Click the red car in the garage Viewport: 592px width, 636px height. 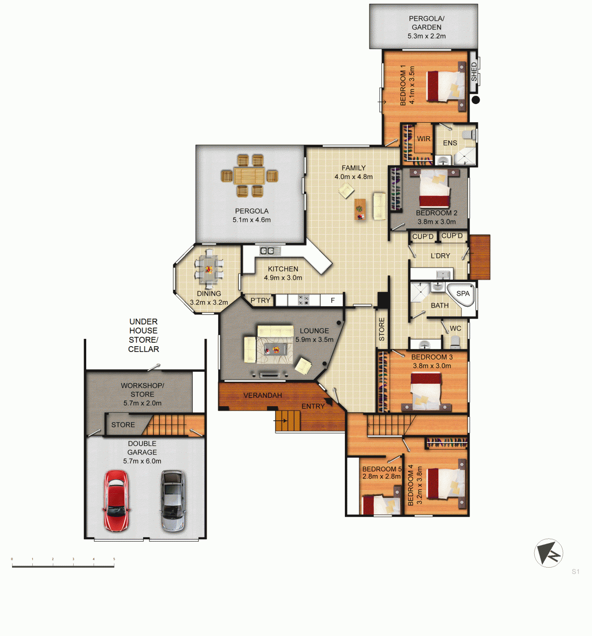[x=117, y=501]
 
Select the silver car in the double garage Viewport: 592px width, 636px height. [x=173, y=501]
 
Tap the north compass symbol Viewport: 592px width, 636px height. [x=549, y=553]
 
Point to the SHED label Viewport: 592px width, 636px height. [x=474, y=72]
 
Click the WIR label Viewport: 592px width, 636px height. [x=423, y=139]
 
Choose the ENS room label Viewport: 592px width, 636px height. [x=450, y=143]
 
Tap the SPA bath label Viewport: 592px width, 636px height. [x=463, y=293]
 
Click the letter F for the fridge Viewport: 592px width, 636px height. [x=333, y=300]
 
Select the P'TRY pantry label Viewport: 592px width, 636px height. [x=260, y=300]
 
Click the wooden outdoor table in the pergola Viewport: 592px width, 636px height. [x=250, y=176]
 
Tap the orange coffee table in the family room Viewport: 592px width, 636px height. [x=360, y=209]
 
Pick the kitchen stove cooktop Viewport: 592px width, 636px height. [x=303, y=300]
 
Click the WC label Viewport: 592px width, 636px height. [x=455, y=328]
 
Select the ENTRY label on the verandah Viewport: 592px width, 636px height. [x=313, y=406]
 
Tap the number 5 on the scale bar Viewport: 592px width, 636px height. [x=114, y=559]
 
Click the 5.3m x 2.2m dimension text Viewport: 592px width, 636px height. [x=426, y=36]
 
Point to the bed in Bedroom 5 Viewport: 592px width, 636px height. [x=382, y=505]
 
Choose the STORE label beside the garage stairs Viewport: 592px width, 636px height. [x=123, y=425]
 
